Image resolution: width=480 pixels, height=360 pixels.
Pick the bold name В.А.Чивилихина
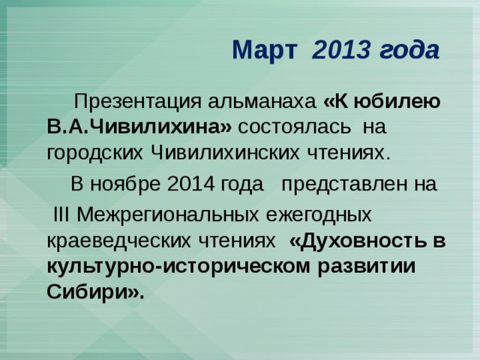[138, 128]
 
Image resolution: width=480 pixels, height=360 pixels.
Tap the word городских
[96, 154]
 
